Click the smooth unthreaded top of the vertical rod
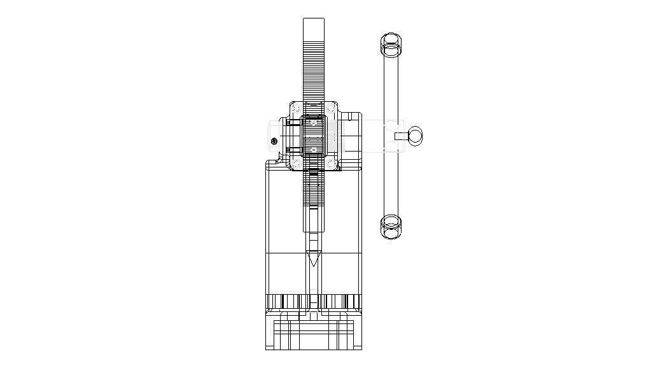point(314,29)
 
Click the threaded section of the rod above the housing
point(314,70)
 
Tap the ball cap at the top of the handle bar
point(392,45)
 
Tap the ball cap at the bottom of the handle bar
point(391,226)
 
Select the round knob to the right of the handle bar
point(415,135)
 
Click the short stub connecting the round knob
point(400,135)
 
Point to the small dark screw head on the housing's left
point(274,141)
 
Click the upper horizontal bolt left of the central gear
point(292,127)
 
